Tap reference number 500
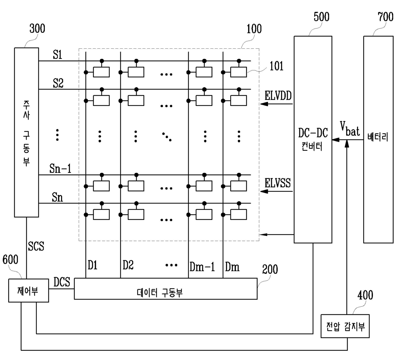point(321,17)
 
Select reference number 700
point(385,17)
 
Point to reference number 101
point(277,66)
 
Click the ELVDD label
point(278,96)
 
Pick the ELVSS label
point(278,183)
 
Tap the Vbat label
point(350,129)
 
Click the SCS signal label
point(36,246)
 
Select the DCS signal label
point(62,282)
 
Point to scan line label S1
point(57,54)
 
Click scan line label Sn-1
point(61,169)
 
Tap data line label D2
point(128,265)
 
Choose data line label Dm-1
point(202,267)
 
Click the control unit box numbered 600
point(28,290)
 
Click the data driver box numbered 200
point(166,289)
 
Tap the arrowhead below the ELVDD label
point(264,104)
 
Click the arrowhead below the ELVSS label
point(264,191)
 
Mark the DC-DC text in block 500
point(313,133)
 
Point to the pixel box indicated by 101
point(239,72)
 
